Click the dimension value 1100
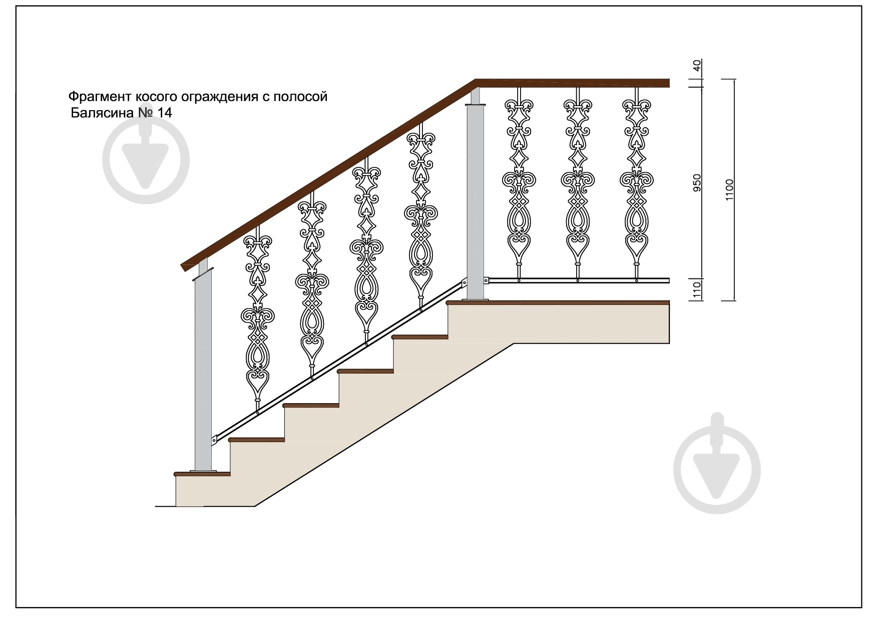point(729,190)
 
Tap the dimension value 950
point(697,183)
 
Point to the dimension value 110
point(697,290)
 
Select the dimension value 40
point(697,66)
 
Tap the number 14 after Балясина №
point(165,113)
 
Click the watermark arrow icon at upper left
point(146,160)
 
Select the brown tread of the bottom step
point(202,473)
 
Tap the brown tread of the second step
point(257,440)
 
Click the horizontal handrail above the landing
point(572,83)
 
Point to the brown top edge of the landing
point(558,302)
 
